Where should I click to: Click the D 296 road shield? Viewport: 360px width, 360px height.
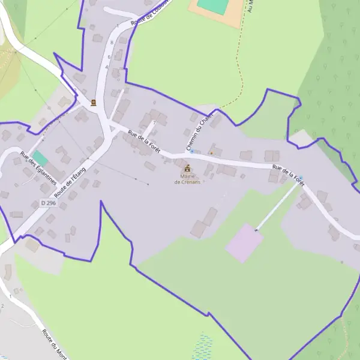tap(48, 203)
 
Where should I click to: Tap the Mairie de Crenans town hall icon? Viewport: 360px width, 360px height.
tap(188, 168)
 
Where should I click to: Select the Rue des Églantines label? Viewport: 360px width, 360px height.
tap(38, 167)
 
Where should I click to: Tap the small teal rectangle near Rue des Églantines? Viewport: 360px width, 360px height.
tap(40, 158)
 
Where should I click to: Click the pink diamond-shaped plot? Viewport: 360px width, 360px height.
tap(244, 242)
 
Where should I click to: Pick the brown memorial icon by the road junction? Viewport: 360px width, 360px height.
tap(93, 103)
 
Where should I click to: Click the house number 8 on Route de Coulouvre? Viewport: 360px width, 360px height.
tap(112, 43)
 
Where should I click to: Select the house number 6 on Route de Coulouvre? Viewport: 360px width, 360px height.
tap(109, 57)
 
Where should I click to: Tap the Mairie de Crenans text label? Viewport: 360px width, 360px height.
tap(187, 179)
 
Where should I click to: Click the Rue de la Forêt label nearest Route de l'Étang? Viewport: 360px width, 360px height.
tap(144, 143)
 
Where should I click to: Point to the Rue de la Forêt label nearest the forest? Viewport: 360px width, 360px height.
tap(288, 175)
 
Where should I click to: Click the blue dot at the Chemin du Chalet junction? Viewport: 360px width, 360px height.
tap(191, 151)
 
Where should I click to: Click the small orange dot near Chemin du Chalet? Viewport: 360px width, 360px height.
tap(211, 152)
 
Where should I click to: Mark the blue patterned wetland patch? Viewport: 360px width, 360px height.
tap(203, 347)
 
